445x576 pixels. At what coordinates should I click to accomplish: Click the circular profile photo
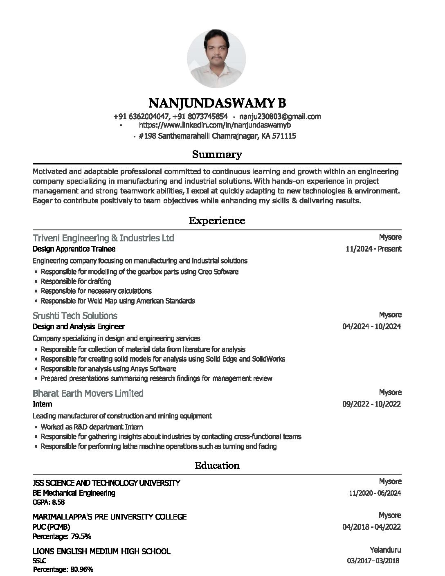point(216,59)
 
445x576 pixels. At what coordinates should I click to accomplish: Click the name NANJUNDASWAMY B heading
point(217,103)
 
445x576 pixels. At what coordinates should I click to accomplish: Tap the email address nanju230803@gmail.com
point(280,117)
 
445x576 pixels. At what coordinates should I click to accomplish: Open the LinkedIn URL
point(215,125)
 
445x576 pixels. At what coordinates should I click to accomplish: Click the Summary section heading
point(217,155)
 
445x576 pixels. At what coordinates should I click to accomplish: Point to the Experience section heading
point(217,221)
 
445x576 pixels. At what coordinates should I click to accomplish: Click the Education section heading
point(217,466)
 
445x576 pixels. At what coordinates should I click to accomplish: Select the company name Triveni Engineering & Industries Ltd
point(103,238)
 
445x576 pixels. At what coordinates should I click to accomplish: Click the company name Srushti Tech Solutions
point(75,316)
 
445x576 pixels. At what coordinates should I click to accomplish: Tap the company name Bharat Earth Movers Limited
point(88,394)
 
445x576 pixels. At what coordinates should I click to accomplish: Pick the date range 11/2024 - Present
point(373,249)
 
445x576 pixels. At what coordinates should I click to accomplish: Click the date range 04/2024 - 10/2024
point(371,326)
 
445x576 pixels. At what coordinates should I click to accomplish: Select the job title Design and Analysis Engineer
point(79,326)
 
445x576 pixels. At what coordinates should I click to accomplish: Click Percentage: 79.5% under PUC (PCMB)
point(62,536)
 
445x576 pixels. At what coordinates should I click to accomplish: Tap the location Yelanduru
point(385,550)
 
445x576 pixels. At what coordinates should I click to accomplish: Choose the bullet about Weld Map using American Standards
point(118,301)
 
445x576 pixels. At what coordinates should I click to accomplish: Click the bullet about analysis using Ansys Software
point(108,369)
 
